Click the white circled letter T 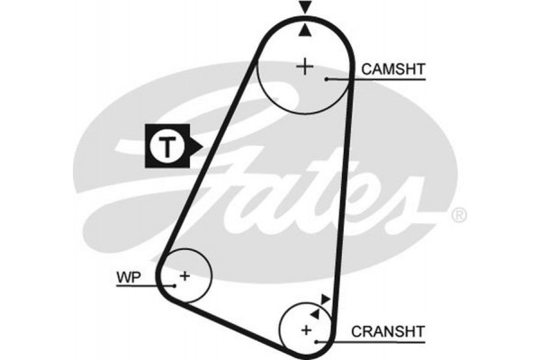166,145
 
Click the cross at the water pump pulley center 184,274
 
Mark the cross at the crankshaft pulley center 306,331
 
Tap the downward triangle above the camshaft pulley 305,7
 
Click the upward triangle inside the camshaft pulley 305,31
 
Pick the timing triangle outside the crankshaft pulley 326,299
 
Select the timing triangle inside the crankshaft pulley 315,310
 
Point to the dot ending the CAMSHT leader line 328,80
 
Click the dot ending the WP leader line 169,285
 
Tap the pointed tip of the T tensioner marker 204,145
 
